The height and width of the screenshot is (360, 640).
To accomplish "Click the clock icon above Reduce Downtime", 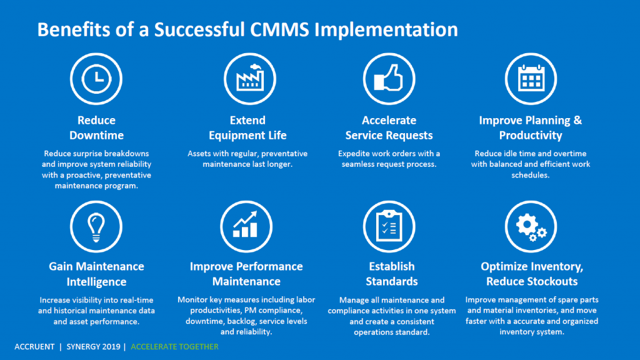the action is [96, 79].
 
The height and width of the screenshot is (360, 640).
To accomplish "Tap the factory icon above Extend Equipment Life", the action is [250, 79].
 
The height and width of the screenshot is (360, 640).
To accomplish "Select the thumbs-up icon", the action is [389, 79].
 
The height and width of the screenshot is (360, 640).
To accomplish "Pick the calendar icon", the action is [531, 79].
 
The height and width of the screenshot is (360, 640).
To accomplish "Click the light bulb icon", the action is [96, 226].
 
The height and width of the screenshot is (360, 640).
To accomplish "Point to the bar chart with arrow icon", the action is [246, 226].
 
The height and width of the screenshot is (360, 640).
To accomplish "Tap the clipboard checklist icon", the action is [389, 226].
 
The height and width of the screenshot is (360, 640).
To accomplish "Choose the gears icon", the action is [531, 226].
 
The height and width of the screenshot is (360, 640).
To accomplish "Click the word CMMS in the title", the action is [279, 29].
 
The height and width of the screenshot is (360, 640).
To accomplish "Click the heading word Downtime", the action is [96, 135].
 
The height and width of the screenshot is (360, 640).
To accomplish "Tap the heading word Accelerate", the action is [389, 120].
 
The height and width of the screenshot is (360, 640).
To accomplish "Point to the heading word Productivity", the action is [531, 136].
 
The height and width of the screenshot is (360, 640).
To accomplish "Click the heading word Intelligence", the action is [96, 282].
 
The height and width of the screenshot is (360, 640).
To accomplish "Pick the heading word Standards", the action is [391, 281].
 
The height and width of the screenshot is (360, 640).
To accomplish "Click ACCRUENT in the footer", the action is [34, 346].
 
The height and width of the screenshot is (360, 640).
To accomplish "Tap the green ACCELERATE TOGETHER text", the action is [174, 346].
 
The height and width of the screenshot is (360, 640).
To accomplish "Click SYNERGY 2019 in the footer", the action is [94, 346].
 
